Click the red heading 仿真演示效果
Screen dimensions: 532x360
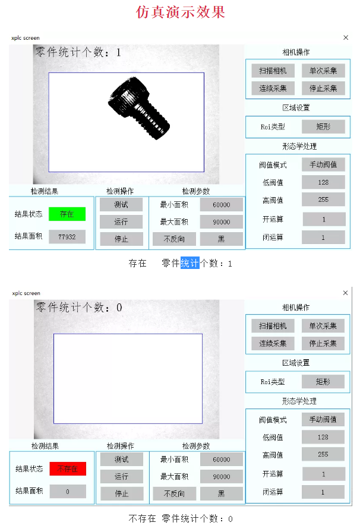(181, 12)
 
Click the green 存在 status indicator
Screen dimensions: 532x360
(67, 214)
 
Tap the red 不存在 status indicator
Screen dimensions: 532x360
(68, 469)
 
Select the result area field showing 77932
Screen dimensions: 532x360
(67, 237)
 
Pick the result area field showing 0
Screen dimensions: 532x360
(67, 492)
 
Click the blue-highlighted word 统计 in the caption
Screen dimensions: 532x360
(190, 263)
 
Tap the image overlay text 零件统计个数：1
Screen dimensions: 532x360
(78, 52)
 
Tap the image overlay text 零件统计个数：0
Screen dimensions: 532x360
(79, 308)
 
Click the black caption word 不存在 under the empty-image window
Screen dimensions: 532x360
(142, 519)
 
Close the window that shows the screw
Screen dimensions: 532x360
(346, 37)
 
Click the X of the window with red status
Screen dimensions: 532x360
(346, 293)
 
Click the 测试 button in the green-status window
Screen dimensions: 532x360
(121, 205)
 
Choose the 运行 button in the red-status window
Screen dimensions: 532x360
(121, 476)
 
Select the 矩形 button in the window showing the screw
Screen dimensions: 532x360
(323, 126)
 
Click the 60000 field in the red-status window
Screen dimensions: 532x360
(221, 460)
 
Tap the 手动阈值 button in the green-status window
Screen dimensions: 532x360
(323, 164)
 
